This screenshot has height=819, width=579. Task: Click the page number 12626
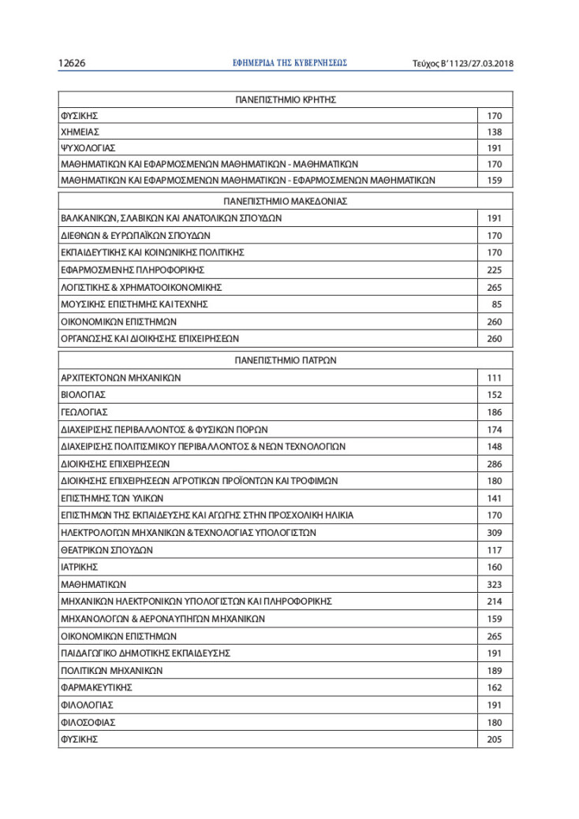(73, 63)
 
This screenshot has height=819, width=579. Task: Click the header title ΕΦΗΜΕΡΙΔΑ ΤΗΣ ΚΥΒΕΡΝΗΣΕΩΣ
(290, 63)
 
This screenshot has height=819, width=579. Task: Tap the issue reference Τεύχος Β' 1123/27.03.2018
(463, 63)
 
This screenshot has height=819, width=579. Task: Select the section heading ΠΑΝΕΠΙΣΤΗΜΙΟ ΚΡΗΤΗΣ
(286, 100)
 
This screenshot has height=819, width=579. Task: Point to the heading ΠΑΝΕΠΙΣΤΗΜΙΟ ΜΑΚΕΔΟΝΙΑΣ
(286, 201)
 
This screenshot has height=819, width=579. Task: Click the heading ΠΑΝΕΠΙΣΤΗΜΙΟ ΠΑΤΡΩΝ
(286, 360)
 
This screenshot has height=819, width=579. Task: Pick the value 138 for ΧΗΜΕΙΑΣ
(495, 132)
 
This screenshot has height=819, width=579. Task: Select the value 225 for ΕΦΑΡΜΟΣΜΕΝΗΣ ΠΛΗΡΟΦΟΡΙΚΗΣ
(495, 270)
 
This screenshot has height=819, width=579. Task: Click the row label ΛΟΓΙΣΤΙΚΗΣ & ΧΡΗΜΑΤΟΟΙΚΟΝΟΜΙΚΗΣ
(141, 287)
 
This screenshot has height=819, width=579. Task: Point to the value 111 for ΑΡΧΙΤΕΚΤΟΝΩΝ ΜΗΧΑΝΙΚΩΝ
(495, 378)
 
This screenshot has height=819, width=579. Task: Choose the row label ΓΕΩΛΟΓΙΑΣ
(84, 412)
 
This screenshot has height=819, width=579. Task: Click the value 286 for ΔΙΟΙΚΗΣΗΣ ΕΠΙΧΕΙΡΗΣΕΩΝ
(495, 463)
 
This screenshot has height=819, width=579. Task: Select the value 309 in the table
(495, 533)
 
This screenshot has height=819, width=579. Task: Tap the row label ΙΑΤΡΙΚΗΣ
(79, 567)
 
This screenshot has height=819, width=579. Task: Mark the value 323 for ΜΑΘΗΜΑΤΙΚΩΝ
(495, 584)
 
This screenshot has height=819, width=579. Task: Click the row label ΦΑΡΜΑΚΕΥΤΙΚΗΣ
(96, 687)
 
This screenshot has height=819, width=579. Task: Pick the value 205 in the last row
(495, 739)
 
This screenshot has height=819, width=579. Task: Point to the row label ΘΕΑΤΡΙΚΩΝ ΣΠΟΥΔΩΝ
(106, 550)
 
